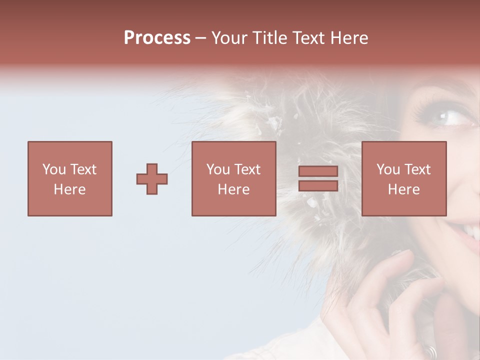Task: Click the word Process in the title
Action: click(x=157, y=38)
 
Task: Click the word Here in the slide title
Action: click(x=349, y=38)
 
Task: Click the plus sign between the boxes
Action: click(x=152, y=179)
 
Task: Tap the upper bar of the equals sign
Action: click(x=318, y=171)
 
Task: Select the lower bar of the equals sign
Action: click(x=318, y=186)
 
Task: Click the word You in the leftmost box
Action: click(x=54, y=169)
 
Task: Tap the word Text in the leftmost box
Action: click(x=83, y=169)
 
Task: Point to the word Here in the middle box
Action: click(x=234, y=189)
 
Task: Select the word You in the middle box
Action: click(x=218, y=169)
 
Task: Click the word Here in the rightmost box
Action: click(x=404, y=189)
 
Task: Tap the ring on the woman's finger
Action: click(x=430, y=351)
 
